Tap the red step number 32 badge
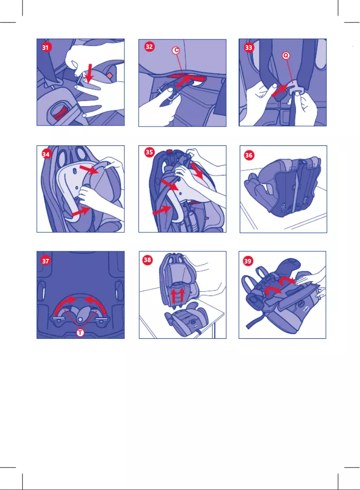(x=149, y=47)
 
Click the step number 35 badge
(x=149, y=153)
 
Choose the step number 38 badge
(x=148, y=260)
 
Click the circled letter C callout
(x=176, y=51)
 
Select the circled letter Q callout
(x=285, y=56)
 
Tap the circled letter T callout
(x=79, y=333)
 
